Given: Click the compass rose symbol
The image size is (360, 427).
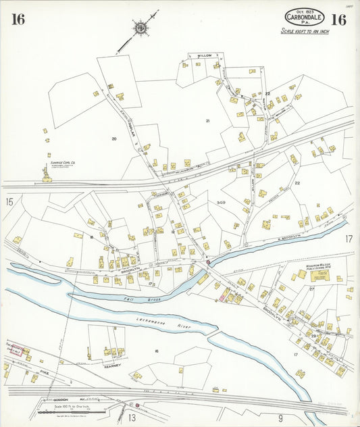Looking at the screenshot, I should (140, 28).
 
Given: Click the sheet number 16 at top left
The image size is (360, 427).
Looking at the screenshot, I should (18, 20).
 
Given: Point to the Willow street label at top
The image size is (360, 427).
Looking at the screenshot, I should (205, 55).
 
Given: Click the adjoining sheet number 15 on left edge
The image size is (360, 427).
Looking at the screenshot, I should (9, 201).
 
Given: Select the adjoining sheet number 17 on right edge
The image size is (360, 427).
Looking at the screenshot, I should (349, 239).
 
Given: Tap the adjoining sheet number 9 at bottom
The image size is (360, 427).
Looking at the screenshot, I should (280, 418).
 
